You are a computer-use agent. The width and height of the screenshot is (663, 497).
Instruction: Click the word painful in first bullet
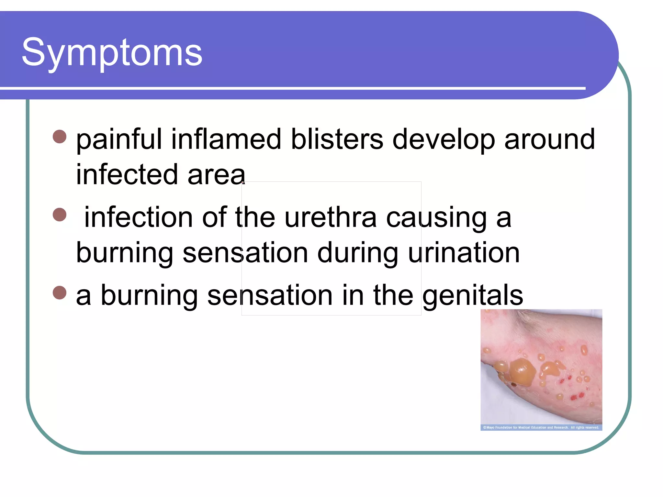118,140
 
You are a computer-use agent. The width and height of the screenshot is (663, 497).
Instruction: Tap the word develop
444,140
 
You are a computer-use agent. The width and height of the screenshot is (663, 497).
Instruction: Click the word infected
127,175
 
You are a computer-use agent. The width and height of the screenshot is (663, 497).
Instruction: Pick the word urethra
330,217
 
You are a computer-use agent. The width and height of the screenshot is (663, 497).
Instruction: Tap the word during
357,253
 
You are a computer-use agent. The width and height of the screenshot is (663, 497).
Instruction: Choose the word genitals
473,296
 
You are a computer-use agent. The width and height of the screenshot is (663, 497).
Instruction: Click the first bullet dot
60,137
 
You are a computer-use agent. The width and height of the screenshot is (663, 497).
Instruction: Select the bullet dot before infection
60,215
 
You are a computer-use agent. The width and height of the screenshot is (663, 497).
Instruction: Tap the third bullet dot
60,293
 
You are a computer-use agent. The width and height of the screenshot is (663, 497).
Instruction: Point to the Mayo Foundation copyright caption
541,427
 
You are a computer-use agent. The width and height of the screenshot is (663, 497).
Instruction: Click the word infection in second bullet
139,217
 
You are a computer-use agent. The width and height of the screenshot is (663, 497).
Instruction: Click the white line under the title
291,88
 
